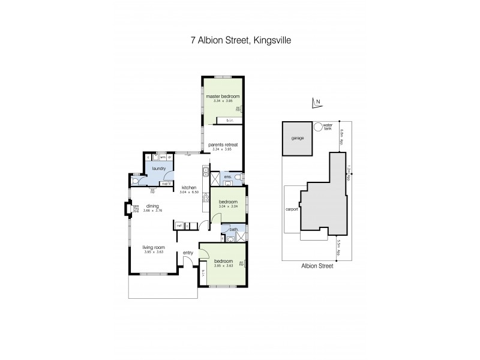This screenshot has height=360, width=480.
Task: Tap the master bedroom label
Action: (223, 97)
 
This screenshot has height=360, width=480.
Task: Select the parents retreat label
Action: (221, 145)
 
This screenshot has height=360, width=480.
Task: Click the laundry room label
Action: (158, 169)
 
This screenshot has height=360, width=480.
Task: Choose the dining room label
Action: (152, 206)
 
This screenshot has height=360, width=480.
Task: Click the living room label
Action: (153, 247)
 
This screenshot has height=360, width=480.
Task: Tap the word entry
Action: (188, 253)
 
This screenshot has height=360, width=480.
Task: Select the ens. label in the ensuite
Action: (228, 177)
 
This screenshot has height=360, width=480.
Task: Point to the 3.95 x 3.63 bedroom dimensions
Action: (223, 265)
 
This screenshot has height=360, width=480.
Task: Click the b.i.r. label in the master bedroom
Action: (230, 121)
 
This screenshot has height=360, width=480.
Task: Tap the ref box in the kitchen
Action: (179, 225)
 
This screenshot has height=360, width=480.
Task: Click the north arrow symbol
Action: (317, 104)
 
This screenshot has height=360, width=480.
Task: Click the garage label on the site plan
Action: (298, 138)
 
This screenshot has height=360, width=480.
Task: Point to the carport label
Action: (292, 209)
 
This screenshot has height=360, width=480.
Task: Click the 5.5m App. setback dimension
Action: (339, 246)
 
